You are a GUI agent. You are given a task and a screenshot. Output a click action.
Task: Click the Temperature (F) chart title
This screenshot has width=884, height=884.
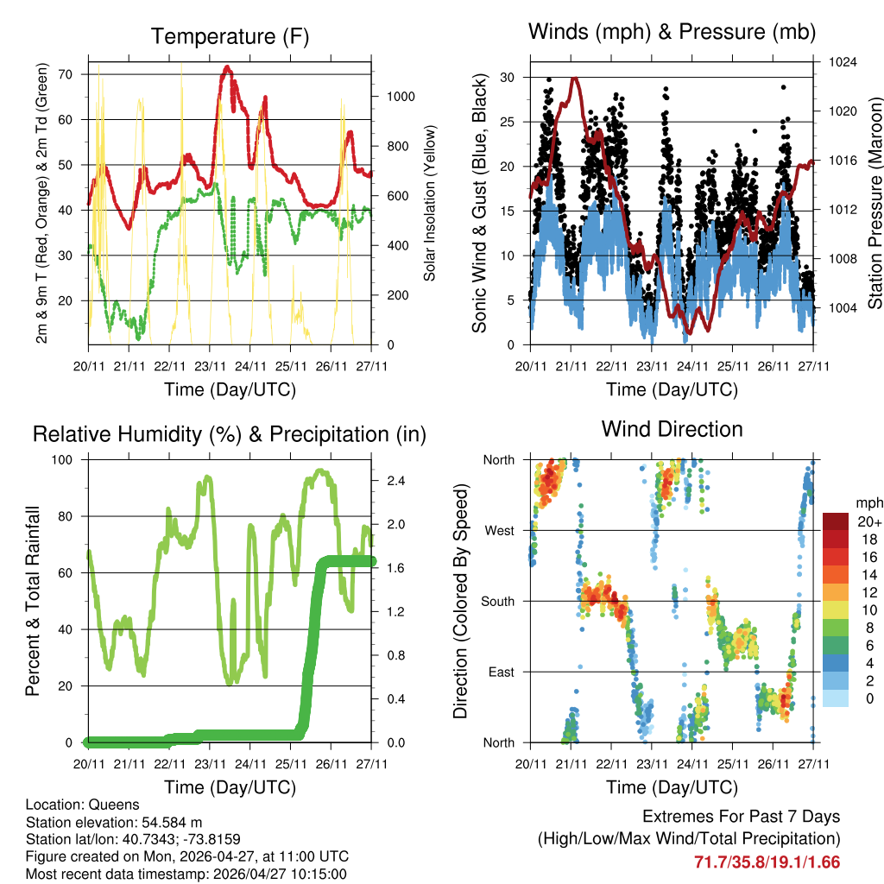230,37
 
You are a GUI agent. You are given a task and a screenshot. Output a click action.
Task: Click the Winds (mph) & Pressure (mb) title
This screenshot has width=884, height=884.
672,33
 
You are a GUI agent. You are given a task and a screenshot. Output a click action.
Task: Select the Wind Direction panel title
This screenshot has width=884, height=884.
672,429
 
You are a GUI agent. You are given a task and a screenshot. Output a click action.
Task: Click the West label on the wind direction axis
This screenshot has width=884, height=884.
499,530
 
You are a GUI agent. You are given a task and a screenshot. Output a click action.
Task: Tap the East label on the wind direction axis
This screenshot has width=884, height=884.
501,672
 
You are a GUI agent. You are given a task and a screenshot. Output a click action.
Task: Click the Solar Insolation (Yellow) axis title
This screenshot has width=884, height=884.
430,203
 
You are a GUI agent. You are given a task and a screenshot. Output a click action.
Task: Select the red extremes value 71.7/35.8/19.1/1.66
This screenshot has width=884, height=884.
767,862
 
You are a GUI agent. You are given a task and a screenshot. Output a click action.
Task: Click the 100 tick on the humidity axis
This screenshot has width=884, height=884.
67,460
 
